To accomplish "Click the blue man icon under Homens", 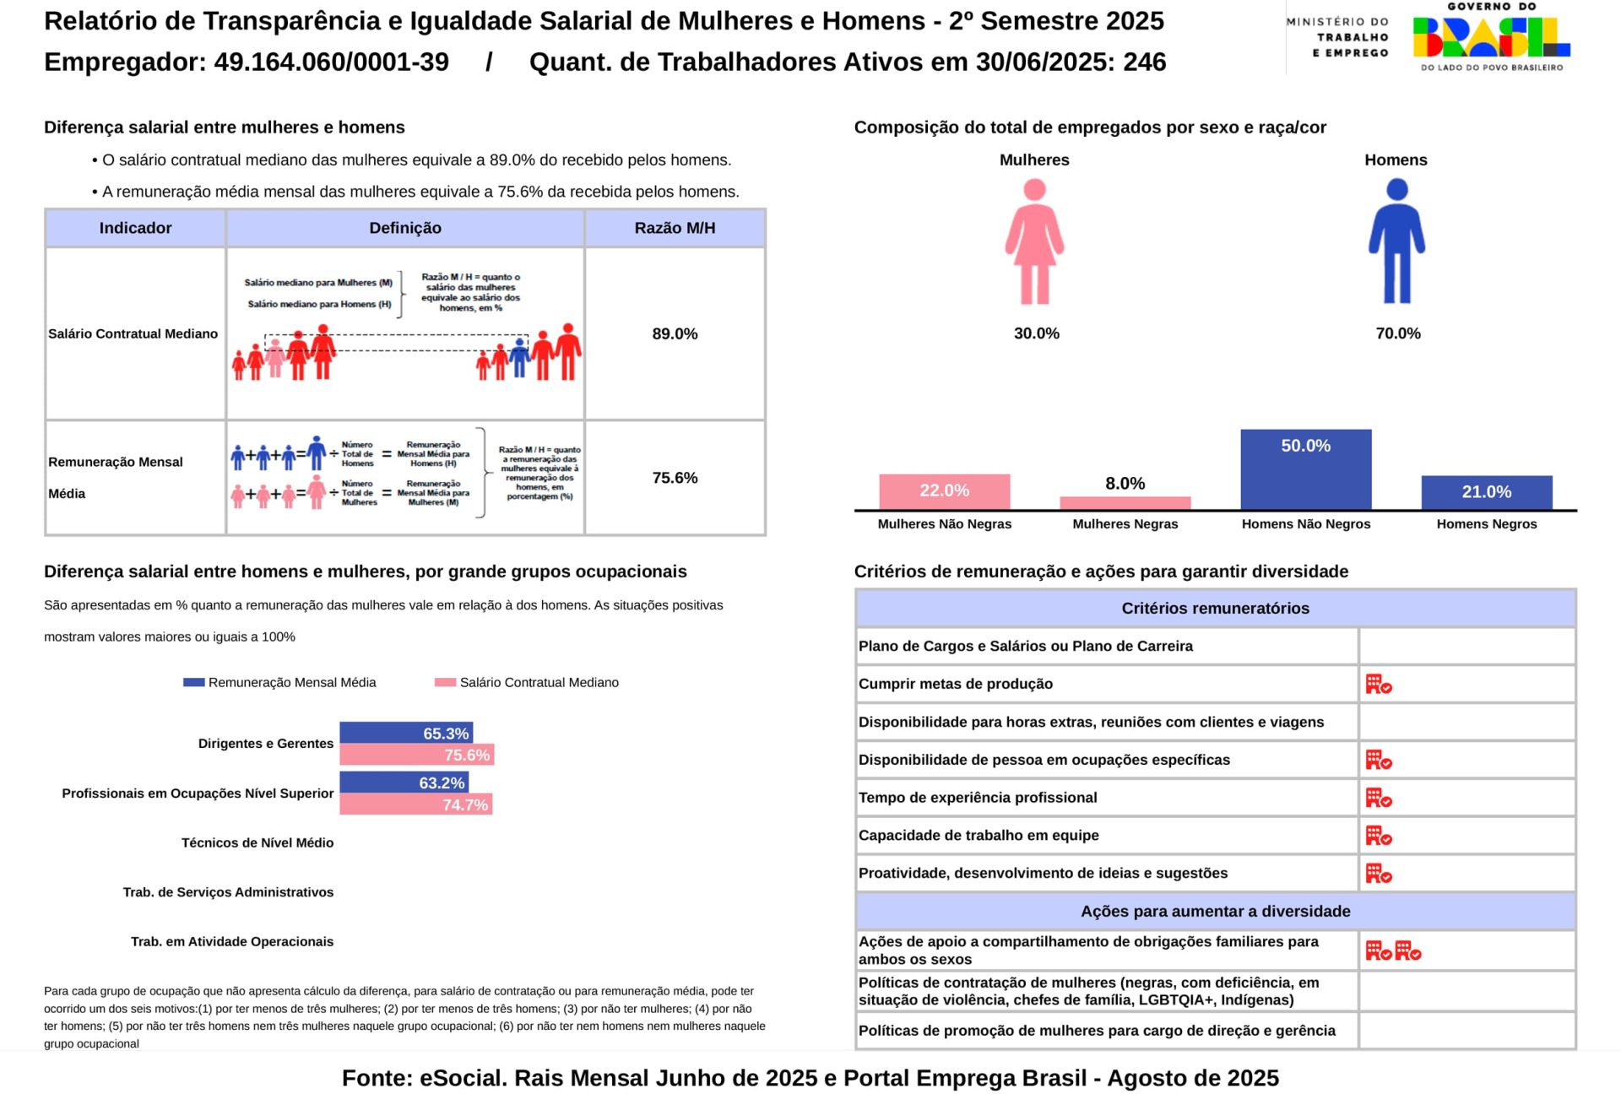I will [x=1396, y=241].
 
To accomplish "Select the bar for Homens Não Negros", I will [x=1305, y=469].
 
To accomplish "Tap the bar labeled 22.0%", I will [x=944, y=491].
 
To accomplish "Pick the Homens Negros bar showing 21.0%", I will [x=1486, y=492].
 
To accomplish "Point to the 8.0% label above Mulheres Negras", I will [x=1125, y=484].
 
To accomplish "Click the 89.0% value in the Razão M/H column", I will [x=675, y=334].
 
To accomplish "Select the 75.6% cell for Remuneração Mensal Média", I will [x=675, y=478].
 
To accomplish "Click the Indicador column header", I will [x=135, y=228].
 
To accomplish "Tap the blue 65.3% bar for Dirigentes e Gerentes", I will [x=405, y=733].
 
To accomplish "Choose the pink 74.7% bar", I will [x=415, y=804].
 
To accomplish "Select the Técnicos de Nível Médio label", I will [x=257, y=842].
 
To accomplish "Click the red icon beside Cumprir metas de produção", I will [x=1378, y=684].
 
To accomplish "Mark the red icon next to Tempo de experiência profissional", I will [x=1378, y=798].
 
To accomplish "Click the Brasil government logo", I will [x=1491, y=38].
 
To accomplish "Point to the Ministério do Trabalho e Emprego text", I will [x=1337, y=37].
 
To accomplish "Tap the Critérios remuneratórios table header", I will [x=1215, y=609].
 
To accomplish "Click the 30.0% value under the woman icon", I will [x=1036, y=333].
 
